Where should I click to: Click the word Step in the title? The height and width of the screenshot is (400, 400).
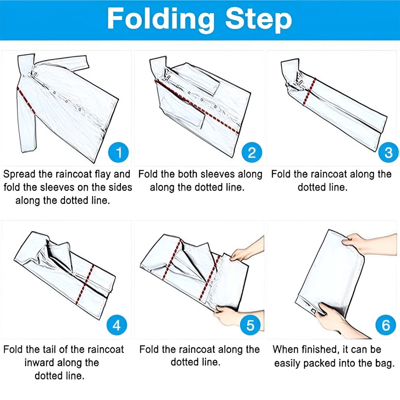[259, 21]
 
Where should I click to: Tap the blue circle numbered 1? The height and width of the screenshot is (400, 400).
[118, 153]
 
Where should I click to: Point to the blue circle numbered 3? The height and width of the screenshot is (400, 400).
[388, 153]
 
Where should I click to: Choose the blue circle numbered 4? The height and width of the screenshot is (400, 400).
[117, 325]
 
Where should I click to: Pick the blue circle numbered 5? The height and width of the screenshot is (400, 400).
[250, 325]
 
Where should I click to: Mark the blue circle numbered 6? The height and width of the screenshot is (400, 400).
[386, 325]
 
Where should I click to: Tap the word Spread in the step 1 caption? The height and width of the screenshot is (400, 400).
[19, 174]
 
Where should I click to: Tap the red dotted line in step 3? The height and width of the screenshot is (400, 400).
[309, 91]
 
